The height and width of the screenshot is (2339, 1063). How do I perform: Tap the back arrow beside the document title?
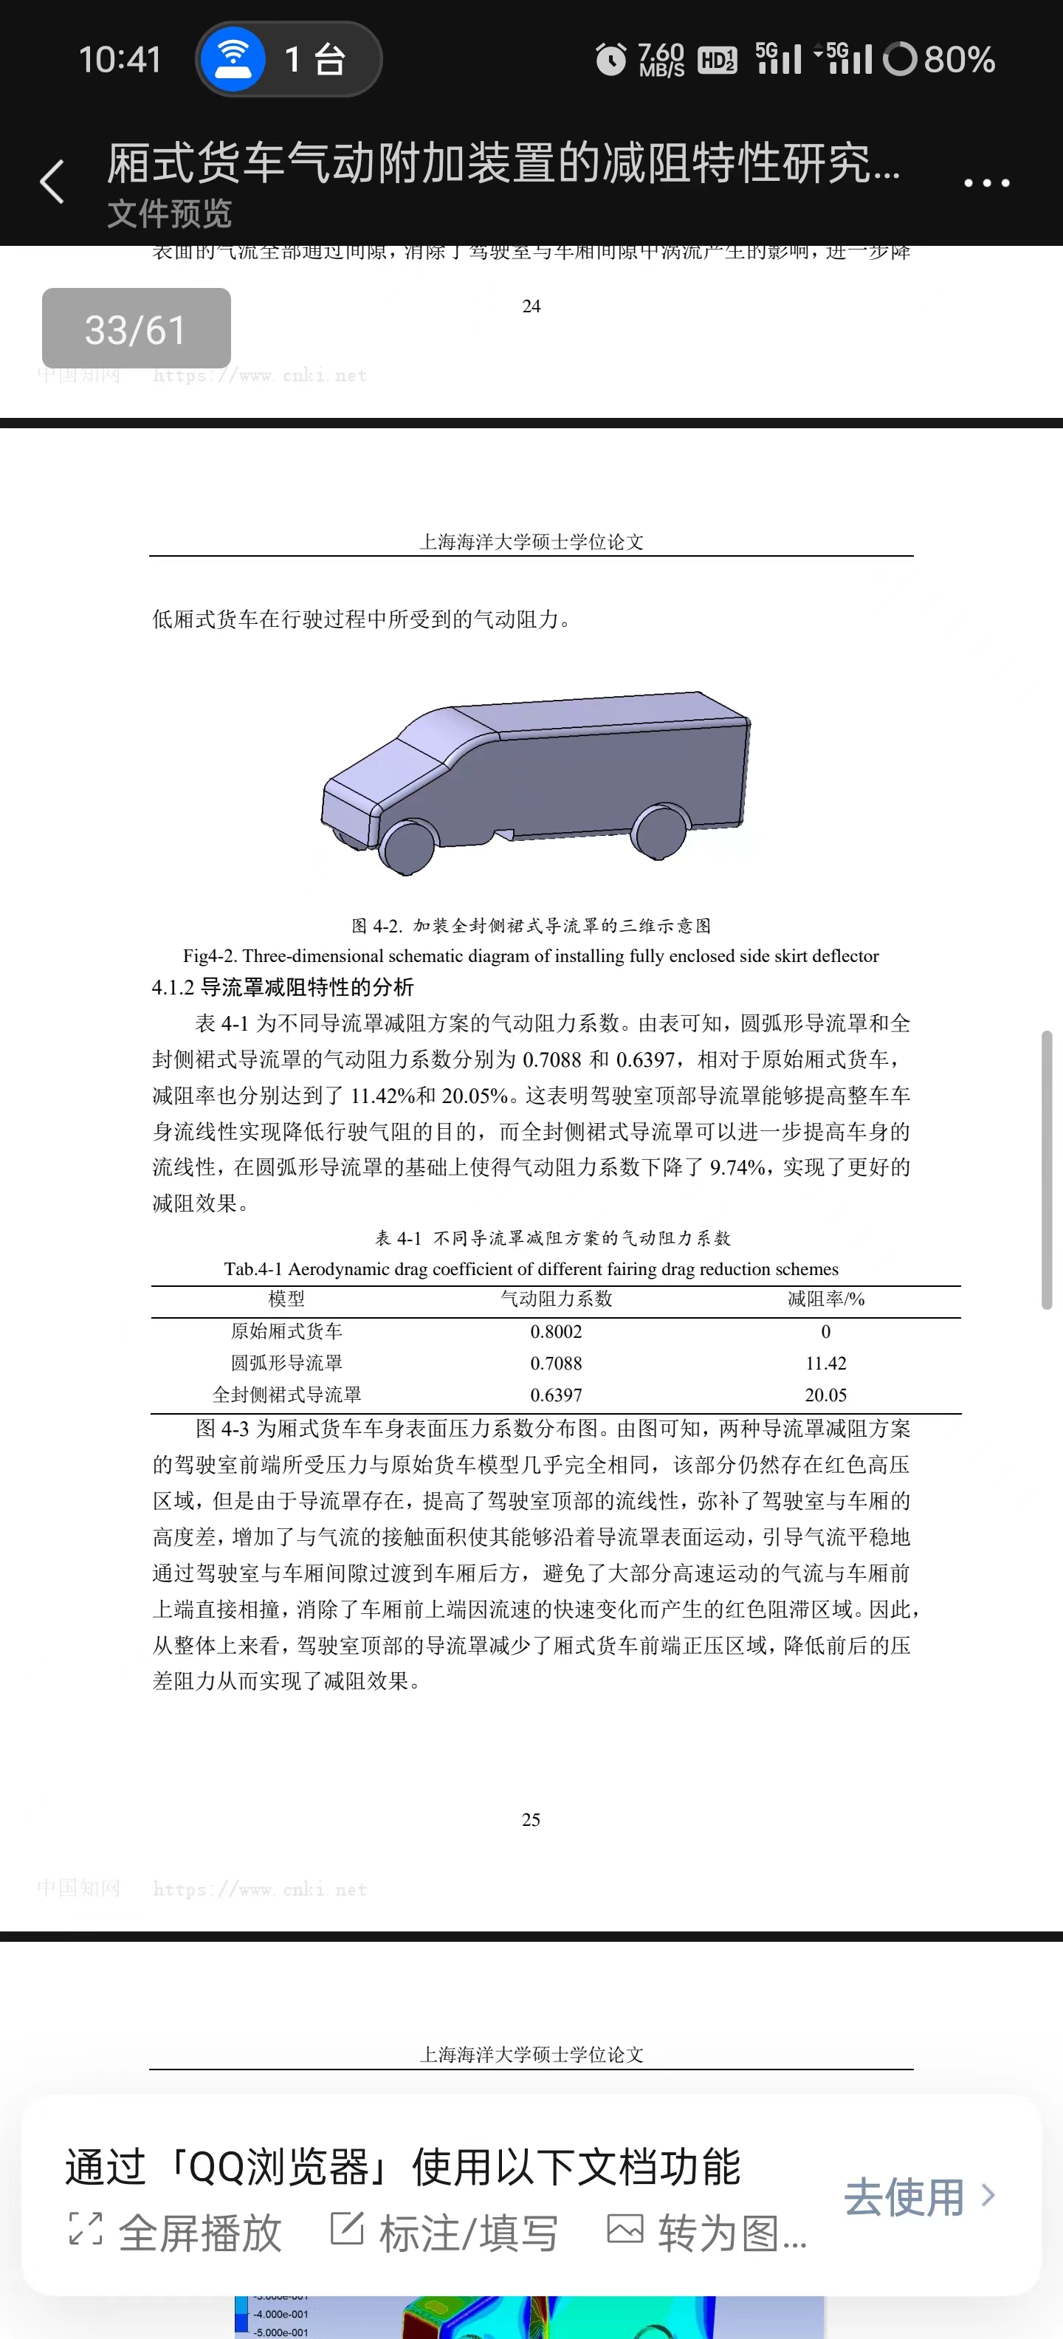(x=52, y=182)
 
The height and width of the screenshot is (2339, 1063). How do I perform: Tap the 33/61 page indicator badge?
(x=136, y=329)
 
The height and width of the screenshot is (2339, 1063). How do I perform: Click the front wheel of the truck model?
(x=407, y=847)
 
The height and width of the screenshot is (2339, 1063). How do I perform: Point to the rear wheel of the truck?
(x=660, y=831)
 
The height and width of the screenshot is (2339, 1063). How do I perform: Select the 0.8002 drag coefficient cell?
(x=556, y=1332)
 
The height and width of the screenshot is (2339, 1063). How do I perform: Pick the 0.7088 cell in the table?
(x=556, y=1364)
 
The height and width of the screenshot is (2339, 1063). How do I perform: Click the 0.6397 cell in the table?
(x=556, y=1395)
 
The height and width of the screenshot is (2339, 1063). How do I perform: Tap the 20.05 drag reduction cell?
(x=825, y=1395)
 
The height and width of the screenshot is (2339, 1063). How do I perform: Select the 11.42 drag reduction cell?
(x=825, y=1364)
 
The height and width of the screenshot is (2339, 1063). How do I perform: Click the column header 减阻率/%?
(x=825, y=1299)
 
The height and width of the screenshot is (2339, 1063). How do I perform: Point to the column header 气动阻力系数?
(x=556, y=1299)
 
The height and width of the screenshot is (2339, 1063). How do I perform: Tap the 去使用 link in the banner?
(x=917, y=2197)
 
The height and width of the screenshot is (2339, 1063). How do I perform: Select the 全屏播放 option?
(x=177, y=2232)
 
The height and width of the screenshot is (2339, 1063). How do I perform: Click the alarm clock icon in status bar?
(x=610, y=60)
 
